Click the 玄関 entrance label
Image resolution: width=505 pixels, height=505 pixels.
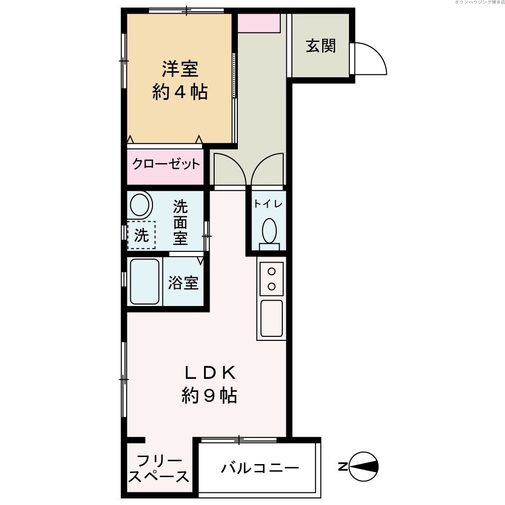321,46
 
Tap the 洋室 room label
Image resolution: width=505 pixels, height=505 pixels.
180,68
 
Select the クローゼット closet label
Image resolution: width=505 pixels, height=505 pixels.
166,165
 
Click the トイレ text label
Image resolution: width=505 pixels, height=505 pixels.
268,204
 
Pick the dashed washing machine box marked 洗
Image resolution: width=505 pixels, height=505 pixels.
141,235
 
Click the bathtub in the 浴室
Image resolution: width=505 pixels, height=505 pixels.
145,281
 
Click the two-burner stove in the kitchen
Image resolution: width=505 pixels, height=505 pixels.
272,279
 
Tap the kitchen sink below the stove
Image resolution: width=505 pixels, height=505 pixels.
272,319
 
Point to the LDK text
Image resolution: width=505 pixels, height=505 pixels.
209,373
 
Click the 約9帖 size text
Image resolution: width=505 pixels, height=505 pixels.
209,396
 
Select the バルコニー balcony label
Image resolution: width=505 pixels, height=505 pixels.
260,468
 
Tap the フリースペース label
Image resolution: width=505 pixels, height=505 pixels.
159,469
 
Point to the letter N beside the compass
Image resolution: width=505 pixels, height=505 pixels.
342,466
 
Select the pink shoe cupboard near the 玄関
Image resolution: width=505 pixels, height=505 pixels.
259,23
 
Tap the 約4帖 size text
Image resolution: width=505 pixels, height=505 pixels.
180,92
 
